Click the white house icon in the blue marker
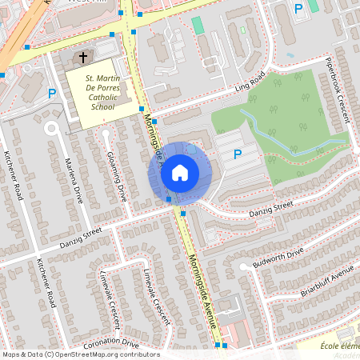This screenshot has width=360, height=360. tap(180, 172)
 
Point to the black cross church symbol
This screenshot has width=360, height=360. tap(83, 58)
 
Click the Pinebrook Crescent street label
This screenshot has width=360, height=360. tap(338, 90)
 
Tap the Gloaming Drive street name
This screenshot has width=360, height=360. tap(117, 175)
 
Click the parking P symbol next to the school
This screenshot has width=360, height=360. tap(52, 94)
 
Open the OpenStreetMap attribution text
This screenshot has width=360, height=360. tap(80, 354)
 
